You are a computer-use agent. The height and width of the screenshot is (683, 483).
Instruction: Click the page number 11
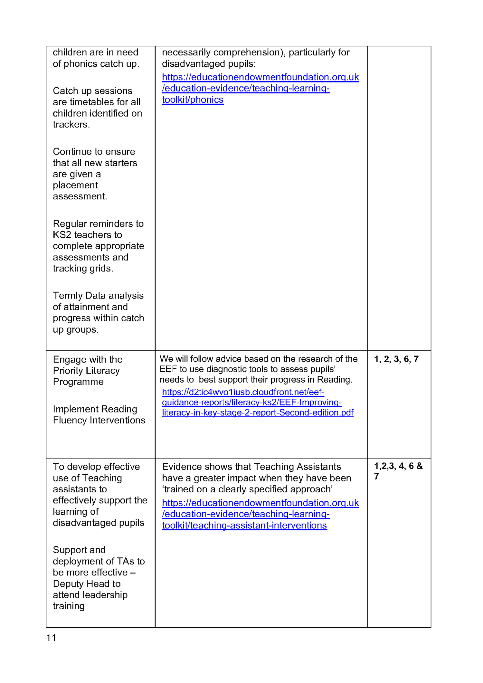coord(51,637)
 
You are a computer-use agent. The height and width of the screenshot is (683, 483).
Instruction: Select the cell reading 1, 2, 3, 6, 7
coord(396,359)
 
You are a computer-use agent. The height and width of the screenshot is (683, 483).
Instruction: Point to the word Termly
coord(68,296)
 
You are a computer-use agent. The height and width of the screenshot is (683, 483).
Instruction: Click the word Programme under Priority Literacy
coord(78,382)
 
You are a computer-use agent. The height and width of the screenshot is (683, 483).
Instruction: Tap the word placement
coord(75,185)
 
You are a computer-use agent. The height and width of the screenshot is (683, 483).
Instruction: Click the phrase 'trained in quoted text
coord(178,489)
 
